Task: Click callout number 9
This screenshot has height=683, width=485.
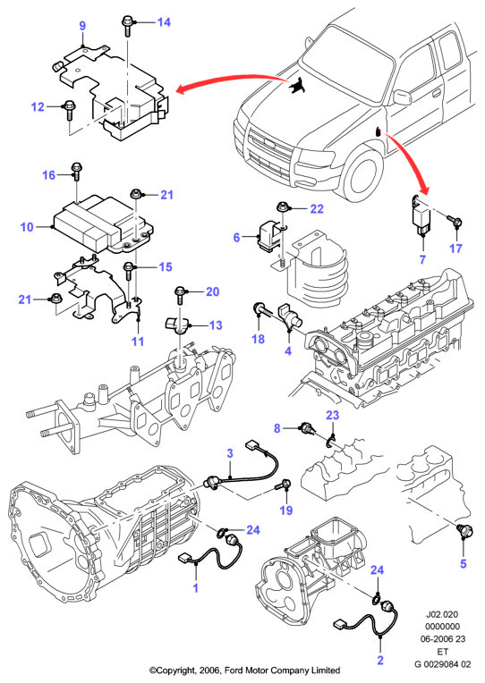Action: [x=82, y=26]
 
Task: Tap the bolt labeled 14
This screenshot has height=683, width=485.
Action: [x=127, y=25]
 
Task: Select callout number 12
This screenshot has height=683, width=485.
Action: [x=38, y=106]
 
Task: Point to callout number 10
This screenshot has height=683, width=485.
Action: [x=27, y=227]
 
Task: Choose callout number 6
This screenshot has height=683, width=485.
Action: [x=237, y=238]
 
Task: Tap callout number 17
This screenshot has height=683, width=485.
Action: [x=455, y=249]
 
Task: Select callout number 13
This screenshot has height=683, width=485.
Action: [x=216, y=325]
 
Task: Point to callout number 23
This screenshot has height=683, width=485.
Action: [x=332, y=415]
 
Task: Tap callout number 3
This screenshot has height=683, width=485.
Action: [x=230, y=453]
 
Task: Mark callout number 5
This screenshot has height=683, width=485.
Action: [x=464, y=563]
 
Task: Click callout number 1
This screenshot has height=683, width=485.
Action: [x=195, y=587]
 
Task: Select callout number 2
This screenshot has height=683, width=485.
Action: [x=380, y=660]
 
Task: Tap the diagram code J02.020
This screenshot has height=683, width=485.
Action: [x=442, y=615]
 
